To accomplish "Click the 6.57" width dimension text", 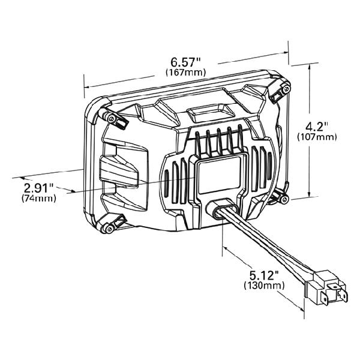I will click(x=185, y=62).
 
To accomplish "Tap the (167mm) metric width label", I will click(x=185, y=73).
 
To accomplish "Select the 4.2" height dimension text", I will click(x=317, y=127).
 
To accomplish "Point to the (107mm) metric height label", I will click(x=317, y=137).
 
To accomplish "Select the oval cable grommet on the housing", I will click(x=220, y=209).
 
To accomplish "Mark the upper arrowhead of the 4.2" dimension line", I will click(x=309, y=68).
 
